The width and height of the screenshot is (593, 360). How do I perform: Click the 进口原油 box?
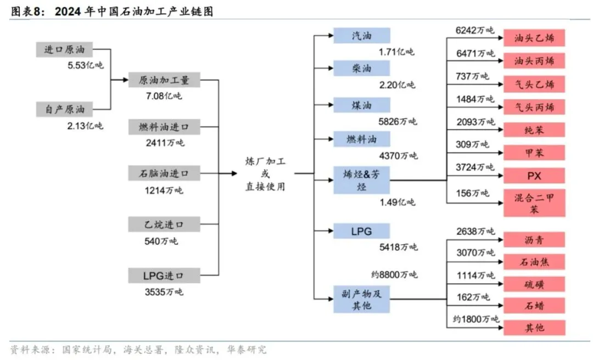coord(65,49)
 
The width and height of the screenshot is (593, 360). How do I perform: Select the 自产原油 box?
coord(65,109)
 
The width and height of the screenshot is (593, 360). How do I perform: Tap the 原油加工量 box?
coord(164,80)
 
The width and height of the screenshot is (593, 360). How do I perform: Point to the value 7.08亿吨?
coord(163,96)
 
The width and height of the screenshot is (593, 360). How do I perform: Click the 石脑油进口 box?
coord(164,174)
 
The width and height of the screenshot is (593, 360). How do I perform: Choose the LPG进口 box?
coord(164,275)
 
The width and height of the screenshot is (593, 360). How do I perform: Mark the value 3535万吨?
coord(164,291)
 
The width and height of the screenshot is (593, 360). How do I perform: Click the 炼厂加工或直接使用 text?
coord(265,174)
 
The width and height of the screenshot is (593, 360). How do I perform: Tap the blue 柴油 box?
coord(361,68)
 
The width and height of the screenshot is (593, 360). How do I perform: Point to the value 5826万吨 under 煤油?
coord(398,121)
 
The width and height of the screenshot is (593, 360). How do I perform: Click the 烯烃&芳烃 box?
coord(361,181)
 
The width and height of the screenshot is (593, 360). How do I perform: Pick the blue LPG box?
coord(361,231)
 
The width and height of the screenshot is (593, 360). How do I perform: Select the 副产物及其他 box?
coord(361,299)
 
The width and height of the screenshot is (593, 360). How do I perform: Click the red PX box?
coord(534,176)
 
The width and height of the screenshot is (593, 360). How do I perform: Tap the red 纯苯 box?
coord(534,130)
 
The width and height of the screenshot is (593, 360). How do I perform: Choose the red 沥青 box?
coord(534,240)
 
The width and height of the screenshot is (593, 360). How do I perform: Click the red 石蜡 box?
coord(534,305)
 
